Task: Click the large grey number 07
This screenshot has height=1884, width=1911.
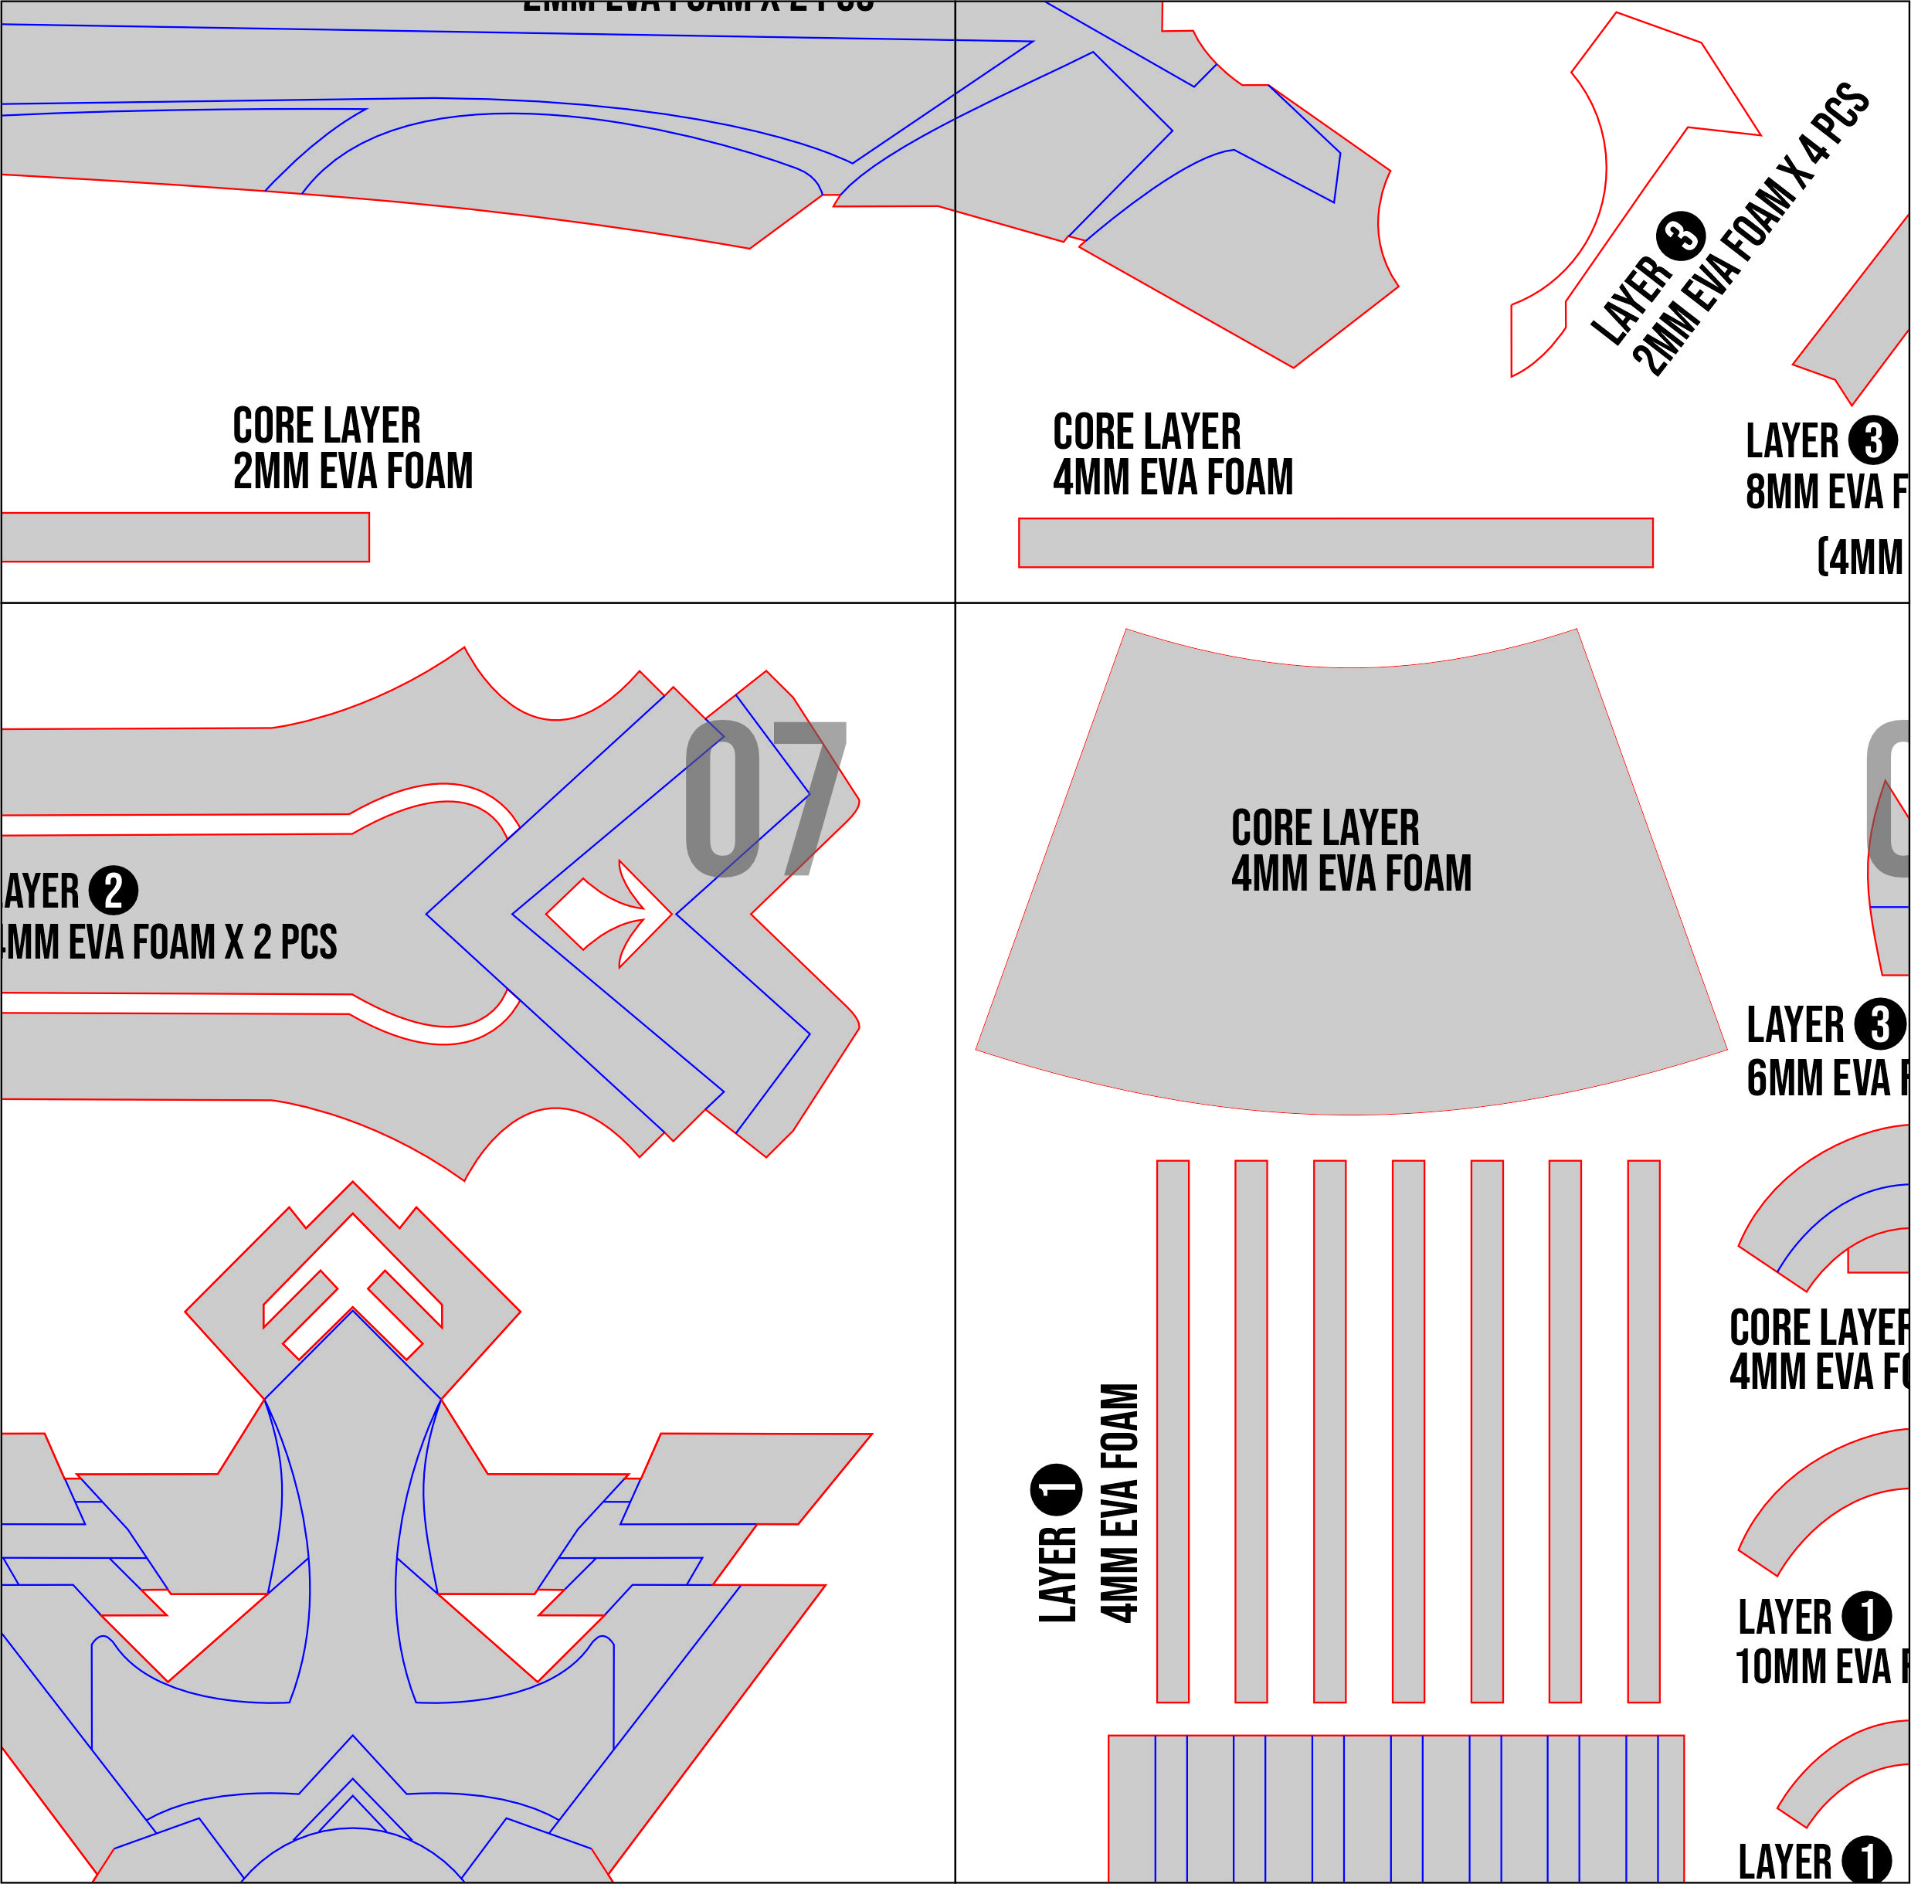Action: pos(765,798)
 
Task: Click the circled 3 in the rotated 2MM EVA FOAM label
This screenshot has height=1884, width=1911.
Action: pos(1681,236)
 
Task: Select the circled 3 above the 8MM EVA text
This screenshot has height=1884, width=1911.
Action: pos(1872,440)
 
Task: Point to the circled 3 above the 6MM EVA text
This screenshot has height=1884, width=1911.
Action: pos(1879,1024)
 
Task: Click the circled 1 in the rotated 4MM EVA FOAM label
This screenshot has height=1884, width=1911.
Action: pos(1057,1489)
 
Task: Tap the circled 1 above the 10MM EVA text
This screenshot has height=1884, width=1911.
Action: pos(1866,1617)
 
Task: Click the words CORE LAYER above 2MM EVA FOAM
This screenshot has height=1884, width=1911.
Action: pos(327,426)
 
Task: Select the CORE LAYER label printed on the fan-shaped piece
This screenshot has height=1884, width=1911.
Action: pos(1325,828)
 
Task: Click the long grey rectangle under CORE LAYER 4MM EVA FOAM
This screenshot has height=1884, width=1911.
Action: pos(1336,543)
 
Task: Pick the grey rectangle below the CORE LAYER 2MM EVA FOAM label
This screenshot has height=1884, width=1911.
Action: pos(185,537)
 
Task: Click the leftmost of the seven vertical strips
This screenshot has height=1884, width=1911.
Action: pos(1172,1431)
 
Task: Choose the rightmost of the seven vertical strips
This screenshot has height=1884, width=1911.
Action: pos(1643,1431)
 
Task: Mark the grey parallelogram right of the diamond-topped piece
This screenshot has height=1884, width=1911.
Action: pos(747,1478)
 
